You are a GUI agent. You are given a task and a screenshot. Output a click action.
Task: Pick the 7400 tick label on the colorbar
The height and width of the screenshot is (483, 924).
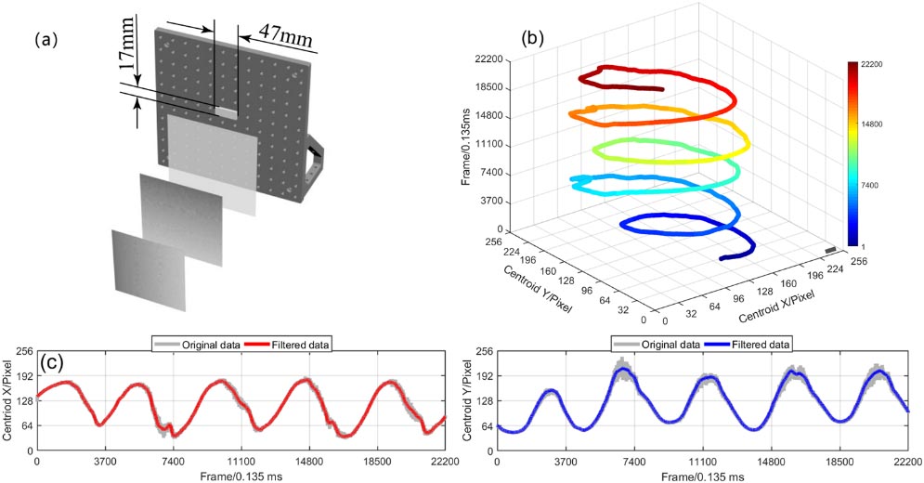[x=869, y=186]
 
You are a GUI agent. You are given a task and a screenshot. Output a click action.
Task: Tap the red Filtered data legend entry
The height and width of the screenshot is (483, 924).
[x=304, y=344]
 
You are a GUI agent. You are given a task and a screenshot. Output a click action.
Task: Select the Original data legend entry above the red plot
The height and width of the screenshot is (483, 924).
[x=213, y=344]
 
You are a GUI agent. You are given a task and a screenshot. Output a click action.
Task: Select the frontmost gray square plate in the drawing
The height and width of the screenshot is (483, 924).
[x=149, y=269]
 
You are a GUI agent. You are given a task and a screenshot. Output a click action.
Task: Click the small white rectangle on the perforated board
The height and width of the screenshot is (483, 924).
[x=226, y=111]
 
